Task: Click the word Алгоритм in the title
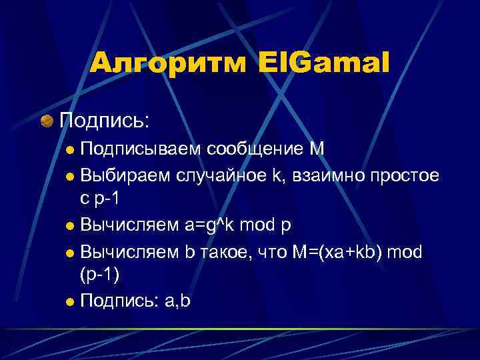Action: click(x=166, y=64)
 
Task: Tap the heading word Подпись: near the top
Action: click(x=105, y=121)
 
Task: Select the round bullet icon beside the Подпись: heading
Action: click(x=46, y=121)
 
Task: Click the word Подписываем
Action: click(x=139, y=148)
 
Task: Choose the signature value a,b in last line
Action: click(x=176, y=301)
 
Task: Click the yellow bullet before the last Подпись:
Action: click(x=71, y=301)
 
